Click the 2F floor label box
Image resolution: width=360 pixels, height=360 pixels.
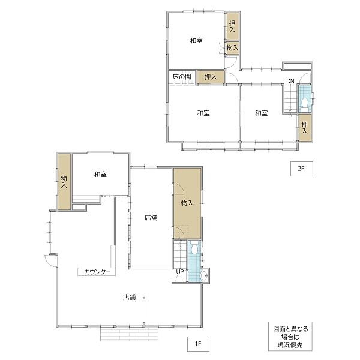301,169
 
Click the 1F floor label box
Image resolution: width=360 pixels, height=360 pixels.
198,344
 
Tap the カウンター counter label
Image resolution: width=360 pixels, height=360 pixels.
97,272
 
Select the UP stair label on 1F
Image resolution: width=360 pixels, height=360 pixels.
180,272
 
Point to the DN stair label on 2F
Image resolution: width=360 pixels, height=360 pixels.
290,81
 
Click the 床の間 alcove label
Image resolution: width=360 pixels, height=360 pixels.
182,77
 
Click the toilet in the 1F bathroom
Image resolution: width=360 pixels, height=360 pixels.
194,248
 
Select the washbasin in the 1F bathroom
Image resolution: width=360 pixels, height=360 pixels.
203,275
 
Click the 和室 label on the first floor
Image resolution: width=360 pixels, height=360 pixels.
100,174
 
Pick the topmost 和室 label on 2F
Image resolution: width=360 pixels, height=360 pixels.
196,41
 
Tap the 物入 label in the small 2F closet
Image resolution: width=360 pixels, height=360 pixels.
233,48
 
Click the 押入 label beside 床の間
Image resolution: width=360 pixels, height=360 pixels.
211,77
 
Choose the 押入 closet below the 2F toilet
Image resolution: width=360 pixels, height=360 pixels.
305,128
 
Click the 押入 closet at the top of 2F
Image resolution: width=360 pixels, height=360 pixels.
232,26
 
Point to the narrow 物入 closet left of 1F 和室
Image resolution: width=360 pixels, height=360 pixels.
64,181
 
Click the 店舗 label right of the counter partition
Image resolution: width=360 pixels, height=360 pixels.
151,217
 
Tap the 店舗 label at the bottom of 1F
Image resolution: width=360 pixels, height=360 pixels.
129,297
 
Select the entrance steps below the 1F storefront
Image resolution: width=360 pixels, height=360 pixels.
129,334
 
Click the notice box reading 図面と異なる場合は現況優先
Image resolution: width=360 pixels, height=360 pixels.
290,337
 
